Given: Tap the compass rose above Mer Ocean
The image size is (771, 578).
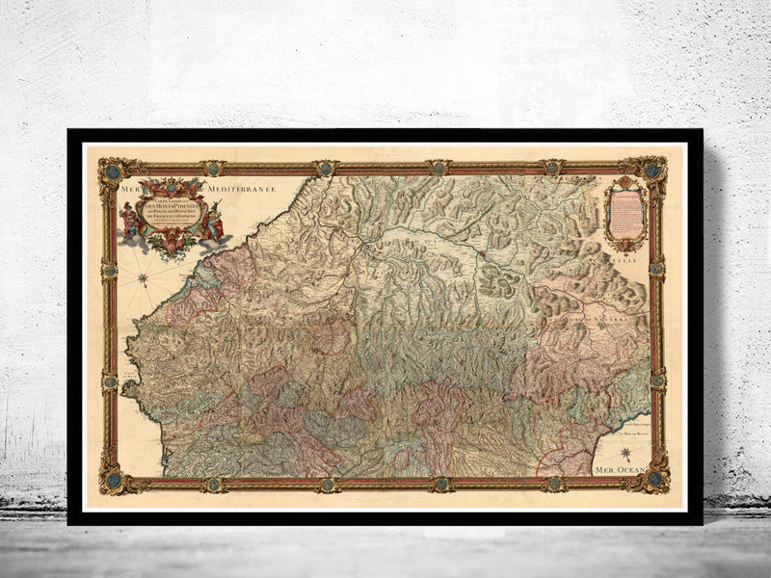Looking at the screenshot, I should (x=625, y=452).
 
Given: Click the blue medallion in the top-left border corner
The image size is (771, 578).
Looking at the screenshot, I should (x=112, y=171).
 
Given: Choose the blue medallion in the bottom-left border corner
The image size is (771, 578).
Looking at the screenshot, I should (x=112, y=479).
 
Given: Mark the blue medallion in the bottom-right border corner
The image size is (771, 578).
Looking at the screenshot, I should (x=654, y=478).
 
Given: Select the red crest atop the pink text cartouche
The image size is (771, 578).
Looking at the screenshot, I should (x=625, y=181).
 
